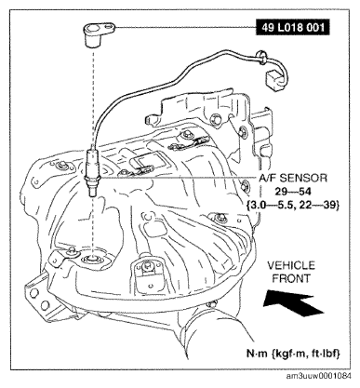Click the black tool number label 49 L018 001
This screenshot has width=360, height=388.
293,28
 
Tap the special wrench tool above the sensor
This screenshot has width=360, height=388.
97,33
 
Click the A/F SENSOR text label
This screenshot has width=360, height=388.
293,178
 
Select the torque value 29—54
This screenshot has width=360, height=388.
293,192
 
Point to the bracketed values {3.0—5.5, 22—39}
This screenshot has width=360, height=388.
293,205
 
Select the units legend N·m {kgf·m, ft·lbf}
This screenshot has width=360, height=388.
293,354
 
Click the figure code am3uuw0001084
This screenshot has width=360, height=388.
319,376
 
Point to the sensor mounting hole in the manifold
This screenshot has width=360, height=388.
92,258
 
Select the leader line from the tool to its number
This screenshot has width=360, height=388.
185,27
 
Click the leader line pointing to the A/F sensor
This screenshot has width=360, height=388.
179,178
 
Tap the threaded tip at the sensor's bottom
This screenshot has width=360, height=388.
92,192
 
